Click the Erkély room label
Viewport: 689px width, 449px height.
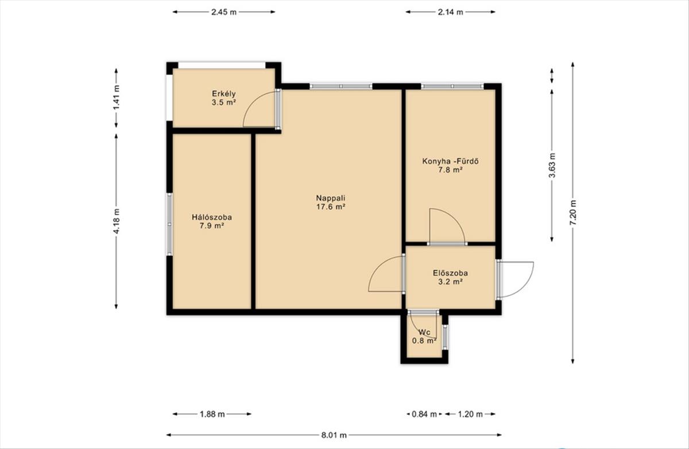223,94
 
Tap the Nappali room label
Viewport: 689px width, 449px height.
331,198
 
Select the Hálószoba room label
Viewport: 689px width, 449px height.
212,217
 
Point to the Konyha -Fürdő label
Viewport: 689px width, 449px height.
450,161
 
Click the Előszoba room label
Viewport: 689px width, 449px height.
450,273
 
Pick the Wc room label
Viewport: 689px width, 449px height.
424,332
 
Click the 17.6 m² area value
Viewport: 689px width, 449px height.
331,206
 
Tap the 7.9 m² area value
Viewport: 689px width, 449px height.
212,226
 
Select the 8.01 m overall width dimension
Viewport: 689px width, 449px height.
334,435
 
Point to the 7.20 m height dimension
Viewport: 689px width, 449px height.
573,213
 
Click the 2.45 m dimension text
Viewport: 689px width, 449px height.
224,12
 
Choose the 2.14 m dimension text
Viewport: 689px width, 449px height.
450,12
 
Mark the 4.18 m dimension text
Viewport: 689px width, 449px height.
116,221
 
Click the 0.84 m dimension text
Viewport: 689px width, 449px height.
424,414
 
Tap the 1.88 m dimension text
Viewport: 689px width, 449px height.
212,414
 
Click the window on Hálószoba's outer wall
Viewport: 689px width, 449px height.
169,224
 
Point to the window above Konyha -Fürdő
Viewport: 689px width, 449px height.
452,86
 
